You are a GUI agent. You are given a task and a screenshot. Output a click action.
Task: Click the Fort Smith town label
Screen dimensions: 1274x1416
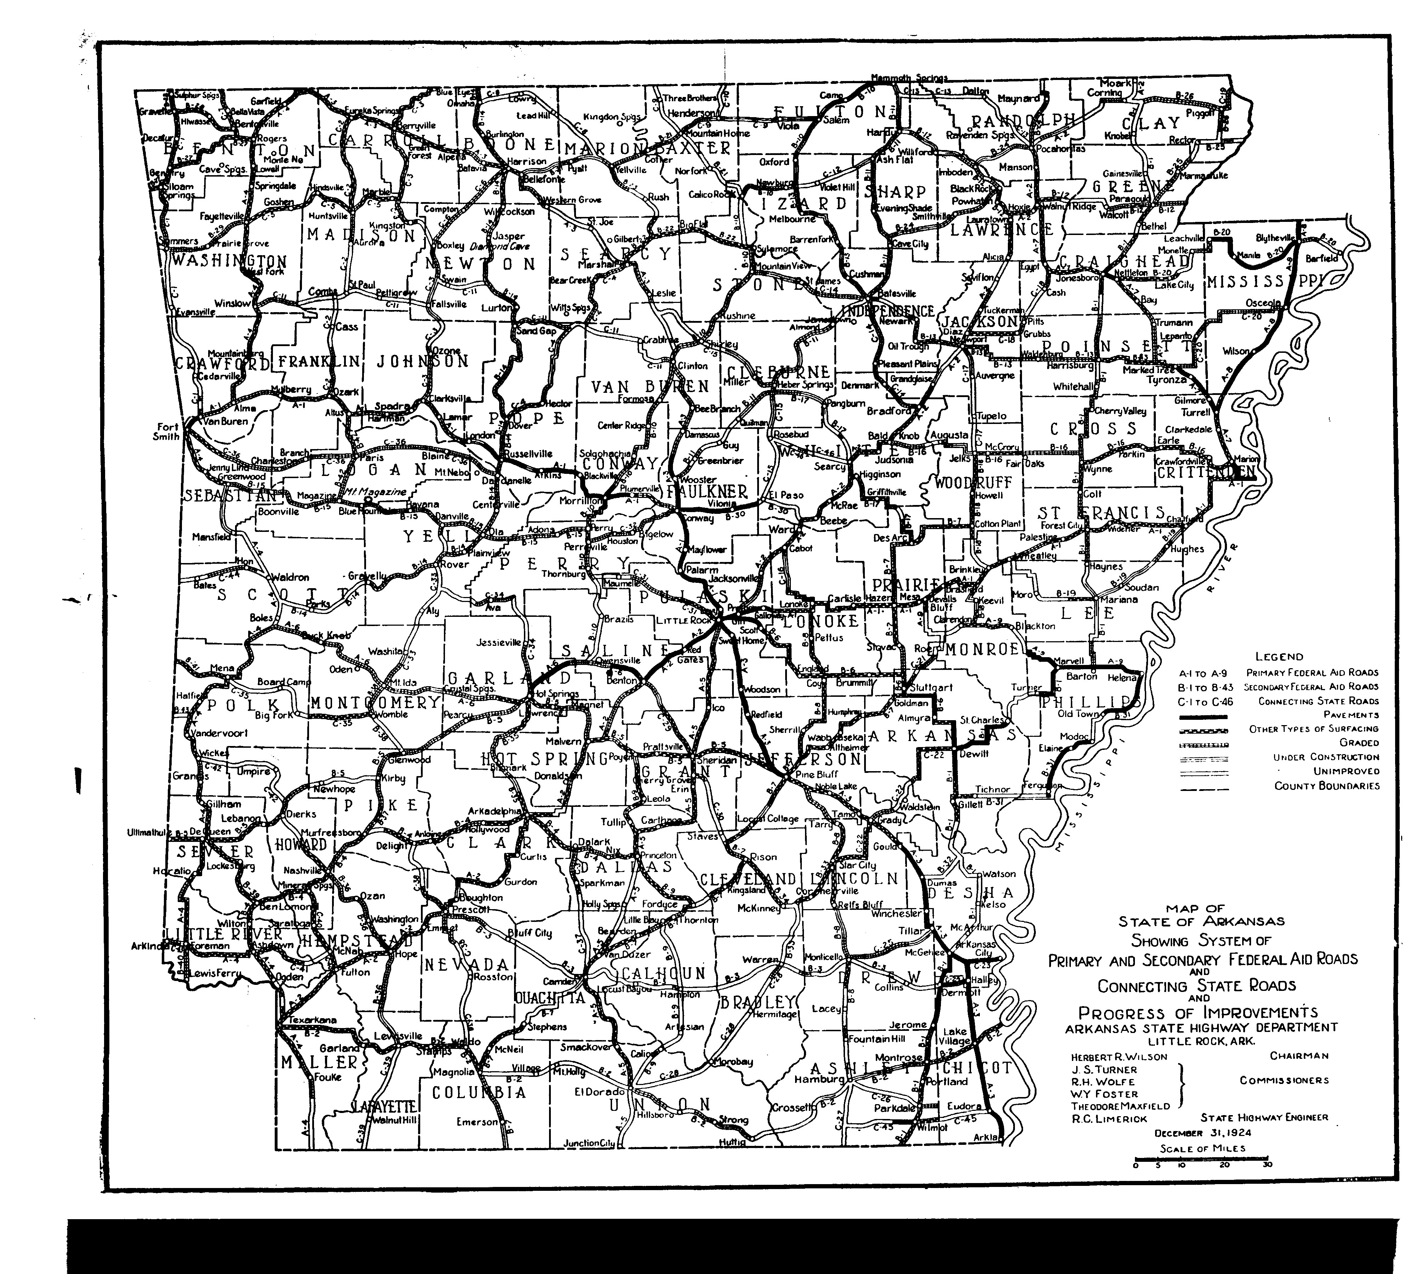168,431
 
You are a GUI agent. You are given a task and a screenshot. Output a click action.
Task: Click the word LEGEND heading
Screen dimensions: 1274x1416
1279,656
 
